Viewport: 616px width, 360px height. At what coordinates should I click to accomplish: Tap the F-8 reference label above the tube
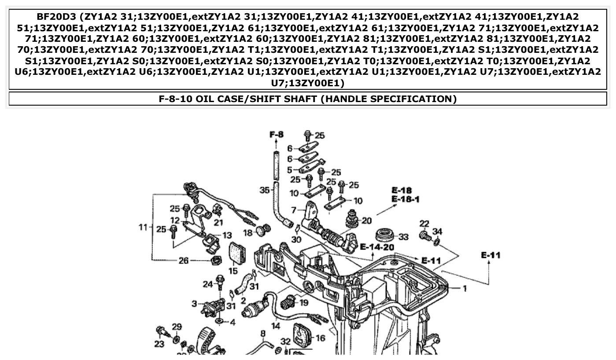(x=277, y=134)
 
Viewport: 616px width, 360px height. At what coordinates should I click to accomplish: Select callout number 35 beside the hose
(x=264, y=190)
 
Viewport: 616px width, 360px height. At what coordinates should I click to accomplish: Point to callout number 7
(x=294, y=210)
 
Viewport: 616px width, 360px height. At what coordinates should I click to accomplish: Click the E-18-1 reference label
(x=406, y=199)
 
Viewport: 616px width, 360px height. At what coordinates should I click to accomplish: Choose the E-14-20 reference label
(x=377, y=247)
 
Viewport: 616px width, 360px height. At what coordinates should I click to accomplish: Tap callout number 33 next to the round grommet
(x=403, y=237)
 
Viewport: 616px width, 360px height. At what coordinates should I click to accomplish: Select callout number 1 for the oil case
(x=464, y=288)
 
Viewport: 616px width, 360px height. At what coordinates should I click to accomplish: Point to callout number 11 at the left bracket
(x=143, y=227)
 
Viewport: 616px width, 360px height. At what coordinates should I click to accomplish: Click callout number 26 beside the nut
(x=184, y=261)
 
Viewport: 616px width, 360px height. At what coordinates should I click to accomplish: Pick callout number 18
(x=248, y=232)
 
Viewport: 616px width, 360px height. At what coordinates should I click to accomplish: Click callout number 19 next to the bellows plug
(x=304, y=303)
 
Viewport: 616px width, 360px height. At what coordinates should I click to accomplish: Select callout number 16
(x=320, y=338)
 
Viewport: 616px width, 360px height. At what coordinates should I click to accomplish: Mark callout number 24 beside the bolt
(x=208, y=284)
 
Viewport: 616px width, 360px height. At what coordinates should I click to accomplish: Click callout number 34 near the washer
(x=437, y=231)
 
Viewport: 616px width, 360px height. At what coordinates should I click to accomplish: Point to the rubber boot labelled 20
(x=353, y=218)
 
